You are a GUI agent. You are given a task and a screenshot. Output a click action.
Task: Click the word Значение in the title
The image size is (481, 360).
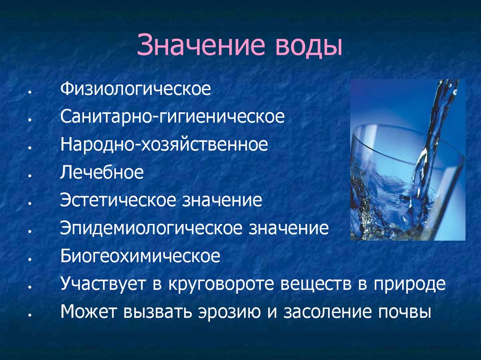pos(198,47)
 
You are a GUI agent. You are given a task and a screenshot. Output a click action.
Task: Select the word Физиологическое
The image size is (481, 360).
pos(135,89)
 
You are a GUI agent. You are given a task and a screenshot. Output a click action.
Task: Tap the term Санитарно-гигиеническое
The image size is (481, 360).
pos(172,117)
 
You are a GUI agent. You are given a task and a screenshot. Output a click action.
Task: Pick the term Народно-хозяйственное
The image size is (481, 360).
pos(163,145)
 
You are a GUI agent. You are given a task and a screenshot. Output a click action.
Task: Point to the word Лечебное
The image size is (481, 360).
pos(101,172)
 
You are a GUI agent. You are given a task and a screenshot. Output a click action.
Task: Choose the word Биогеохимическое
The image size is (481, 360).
pos(140,256)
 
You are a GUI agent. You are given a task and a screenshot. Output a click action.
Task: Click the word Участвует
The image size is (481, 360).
pos(102,284)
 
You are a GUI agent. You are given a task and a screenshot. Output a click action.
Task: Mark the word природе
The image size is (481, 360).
pos(409,284)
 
